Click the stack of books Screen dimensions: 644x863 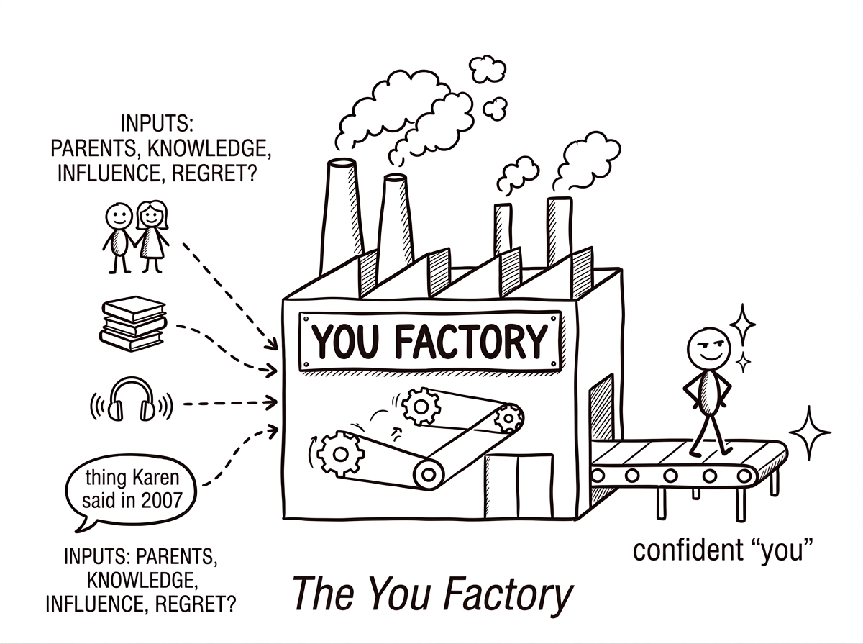[x=134, y=324]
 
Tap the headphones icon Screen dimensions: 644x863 [x=131, y=401]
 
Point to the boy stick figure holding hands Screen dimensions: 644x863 [x=118, y=234]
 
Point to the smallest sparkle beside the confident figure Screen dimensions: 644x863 [x=744, y=361]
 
